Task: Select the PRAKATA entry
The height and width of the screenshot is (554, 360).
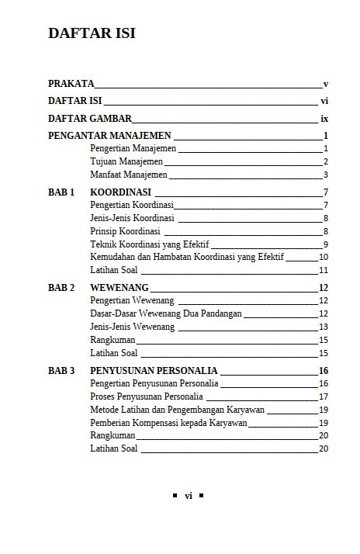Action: click(x=71, y=83)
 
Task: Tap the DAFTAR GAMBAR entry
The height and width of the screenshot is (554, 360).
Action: click(x=90, y=119)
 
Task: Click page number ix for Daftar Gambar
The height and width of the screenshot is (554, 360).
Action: click(x=324, y=119)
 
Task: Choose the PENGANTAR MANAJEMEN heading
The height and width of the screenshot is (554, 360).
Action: click(x=109, y=135)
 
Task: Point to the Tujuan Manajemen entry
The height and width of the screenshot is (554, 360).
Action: click(x=126, y=161)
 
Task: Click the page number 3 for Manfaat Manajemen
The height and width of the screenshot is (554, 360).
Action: click(x=326, y=175)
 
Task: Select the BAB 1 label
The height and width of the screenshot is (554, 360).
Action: click(x=61, y=192)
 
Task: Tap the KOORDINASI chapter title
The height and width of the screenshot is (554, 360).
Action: click(x=120, y=192)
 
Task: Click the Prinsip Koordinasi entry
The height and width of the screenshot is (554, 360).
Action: click(x=125, y=231)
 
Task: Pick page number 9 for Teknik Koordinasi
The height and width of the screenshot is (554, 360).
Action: click(x=326, y=244)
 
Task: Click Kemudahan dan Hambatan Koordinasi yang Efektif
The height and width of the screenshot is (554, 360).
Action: click(x=187, y=257)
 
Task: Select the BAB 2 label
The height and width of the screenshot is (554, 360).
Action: click(x=61, y=287)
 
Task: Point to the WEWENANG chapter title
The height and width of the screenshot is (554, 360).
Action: click(x=119, y=287)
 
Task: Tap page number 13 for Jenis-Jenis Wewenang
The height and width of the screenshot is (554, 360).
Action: click(x=324, y=327)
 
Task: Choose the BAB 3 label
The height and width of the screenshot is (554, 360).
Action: click(x=61, y=370)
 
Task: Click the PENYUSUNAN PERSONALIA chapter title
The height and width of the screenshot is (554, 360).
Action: click(x=154, y=370)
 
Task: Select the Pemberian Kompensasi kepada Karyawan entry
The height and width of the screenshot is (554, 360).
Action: click(x=168, y=423)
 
